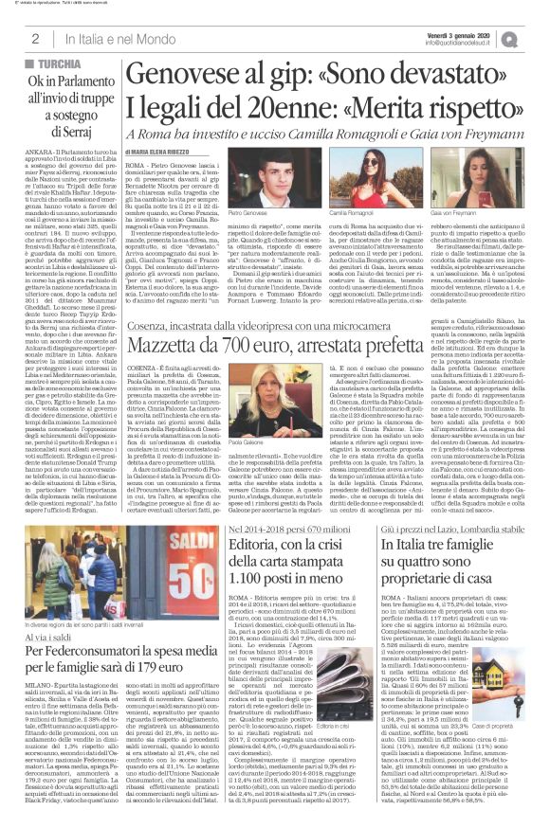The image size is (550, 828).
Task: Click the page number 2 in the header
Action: (x=34, y=38)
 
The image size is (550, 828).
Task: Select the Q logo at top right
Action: (x=536, y=37)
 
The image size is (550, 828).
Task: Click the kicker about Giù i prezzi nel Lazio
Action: (x=465, y=502)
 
